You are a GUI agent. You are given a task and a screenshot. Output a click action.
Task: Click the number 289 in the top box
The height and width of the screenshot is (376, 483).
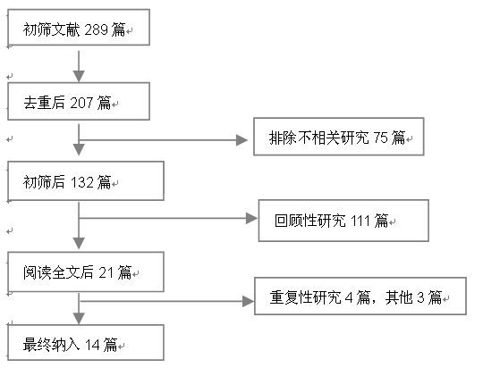96,29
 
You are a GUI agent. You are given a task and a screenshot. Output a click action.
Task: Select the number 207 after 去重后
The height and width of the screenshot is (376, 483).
81,103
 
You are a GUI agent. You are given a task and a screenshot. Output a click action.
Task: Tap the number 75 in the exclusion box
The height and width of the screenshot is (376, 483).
380,138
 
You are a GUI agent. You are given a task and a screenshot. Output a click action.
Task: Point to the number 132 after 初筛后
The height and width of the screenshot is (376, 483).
82,182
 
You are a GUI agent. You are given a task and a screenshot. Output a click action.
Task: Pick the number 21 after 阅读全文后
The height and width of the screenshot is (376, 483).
106,272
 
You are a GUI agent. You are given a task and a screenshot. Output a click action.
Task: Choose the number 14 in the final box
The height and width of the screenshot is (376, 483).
92,345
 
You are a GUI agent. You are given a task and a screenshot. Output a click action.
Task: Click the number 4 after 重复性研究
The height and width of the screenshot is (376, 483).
349,297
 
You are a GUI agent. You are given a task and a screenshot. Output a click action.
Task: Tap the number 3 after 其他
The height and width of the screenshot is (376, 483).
420,297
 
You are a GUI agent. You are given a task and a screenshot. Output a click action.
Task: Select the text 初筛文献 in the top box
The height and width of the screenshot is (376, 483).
51,29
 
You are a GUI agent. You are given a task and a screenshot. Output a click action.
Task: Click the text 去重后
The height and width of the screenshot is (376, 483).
44,103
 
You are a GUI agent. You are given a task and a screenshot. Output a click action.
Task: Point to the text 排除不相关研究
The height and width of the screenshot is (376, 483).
318,138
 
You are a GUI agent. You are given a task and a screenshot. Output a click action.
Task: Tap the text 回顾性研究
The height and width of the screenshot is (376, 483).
310,221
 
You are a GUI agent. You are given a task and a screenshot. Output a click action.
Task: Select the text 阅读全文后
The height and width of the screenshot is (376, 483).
58,272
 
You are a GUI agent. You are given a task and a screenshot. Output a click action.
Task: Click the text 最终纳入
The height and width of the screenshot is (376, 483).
51,345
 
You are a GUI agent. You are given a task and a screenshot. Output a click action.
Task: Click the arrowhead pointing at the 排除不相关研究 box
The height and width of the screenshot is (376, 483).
241,140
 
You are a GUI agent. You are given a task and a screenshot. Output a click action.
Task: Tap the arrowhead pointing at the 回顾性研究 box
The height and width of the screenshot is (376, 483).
251,219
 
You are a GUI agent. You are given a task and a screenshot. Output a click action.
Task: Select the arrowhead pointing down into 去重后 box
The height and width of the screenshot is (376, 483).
79,76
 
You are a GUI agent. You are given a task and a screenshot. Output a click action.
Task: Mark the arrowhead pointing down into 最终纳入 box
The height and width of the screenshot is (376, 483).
79,319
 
